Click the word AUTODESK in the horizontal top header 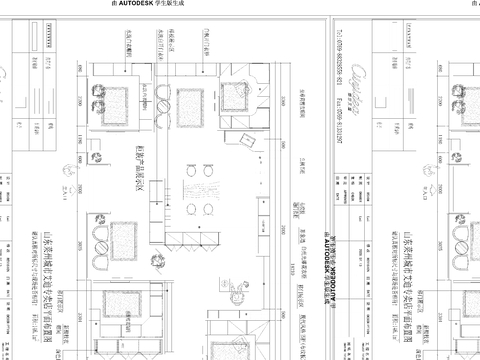(x=158, y=4)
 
